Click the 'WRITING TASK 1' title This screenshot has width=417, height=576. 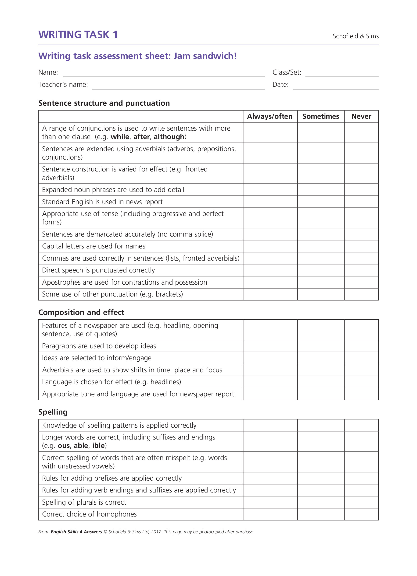click(78, 35)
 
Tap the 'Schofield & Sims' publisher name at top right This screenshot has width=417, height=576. click(356, 36)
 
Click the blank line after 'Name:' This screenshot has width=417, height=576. click(164, 74)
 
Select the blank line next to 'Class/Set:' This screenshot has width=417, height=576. click(342, 74)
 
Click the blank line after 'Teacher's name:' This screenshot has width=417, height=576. click(178, 86)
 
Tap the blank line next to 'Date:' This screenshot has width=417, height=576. click(336, 86)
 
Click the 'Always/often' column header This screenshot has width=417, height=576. click(270, 116)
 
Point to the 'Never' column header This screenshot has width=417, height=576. click(361, 116)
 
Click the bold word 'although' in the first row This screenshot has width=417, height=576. click(169, 137)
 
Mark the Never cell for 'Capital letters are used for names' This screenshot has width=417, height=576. click(361, 246)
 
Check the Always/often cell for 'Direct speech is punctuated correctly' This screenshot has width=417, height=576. click(270, 270)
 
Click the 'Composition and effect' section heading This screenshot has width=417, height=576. click(81, 312)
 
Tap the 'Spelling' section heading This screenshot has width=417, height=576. click(53, 412)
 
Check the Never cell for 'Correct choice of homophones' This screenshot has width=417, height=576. click(361, 514)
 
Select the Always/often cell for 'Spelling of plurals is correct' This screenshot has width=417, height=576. click(270, 502)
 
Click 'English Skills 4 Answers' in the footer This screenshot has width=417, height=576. click(76, 532)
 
